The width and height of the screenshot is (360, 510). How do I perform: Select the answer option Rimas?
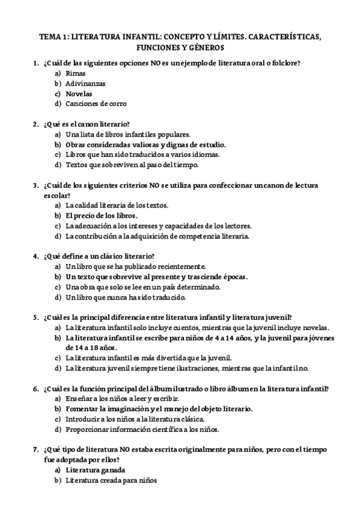pos(76,73)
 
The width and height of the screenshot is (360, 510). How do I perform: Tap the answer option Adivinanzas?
pos(85,83)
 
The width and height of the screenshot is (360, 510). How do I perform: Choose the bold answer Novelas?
pos(79,93)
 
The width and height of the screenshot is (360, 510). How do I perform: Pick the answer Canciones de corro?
pos(96,103)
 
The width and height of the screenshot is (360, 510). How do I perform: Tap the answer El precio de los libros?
pos(102,215)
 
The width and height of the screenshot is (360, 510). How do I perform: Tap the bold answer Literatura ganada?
pos(96,470)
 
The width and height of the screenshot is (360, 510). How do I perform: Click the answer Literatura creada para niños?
pos(111,481)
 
